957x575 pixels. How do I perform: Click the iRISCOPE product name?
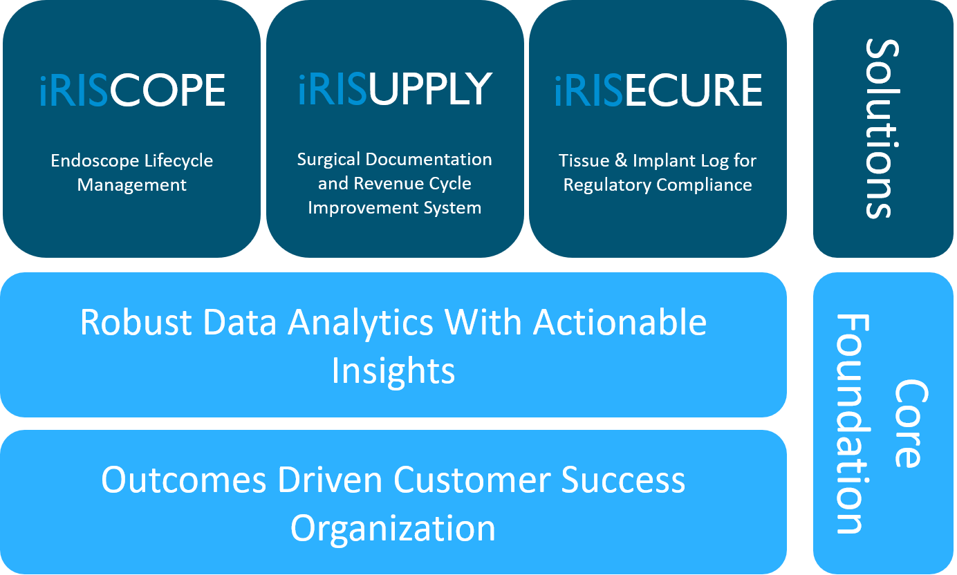tap(132, 90)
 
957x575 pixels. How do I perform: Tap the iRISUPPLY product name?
tap(395, 88)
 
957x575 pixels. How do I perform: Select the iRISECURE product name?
tap(658, 90)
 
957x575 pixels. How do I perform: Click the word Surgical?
tap(329, 160)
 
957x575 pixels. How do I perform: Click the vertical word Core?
tap(907, 423)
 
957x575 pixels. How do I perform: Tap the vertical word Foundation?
tap(852, 424)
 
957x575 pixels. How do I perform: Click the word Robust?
tap(122, 323)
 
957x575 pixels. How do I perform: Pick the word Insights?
tap(393, 371)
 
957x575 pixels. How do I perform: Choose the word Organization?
tap(393, 529)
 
